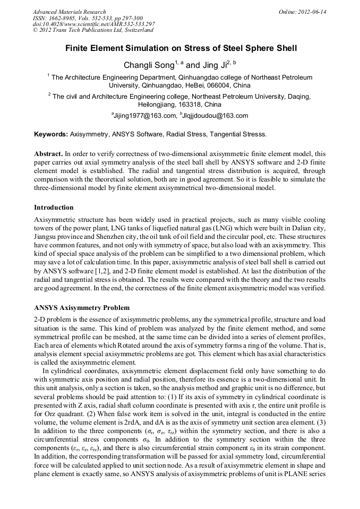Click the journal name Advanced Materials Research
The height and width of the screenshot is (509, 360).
click(69, 12)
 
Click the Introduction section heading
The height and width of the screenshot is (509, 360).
click(54, 207)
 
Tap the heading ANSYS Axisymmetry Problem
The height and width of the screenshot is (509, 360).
click(82, 308)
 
